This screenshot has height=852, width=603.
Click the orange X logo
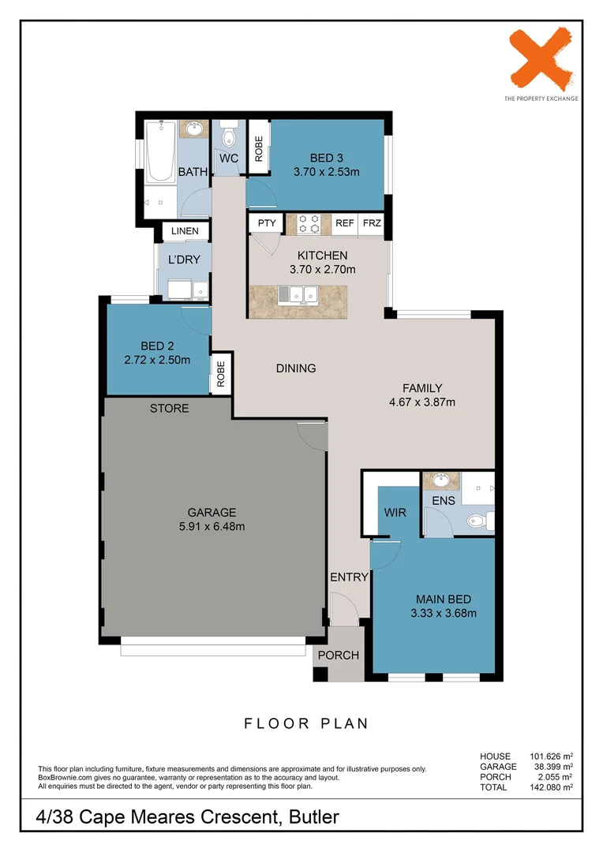point(541,60)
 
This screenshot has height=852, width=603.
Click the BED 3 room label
point(326,159)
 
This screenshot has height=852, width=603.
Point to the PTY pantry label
point(267,223)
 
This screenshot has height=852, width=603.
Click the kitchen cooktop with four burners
point(308,224)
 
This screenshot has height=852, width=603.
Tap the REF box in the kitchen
point(344,223)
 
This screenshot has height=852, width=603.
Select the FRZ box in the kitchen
point(371,223)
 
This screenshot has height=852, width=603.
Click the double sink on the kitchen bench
point(296,296)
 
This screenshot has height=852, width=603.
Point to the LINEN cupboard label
point(185,231)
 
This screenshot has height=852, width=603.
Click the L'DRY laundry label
point(183,259)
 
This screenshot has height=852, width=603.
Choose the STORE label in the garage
point(170,408)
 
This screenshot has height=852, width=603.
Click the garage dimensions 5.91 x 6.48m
point(212,527)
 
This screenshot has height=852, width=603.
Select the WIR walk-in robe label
point(395,513)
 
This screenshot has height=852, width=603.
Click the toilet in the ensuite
point(477,520)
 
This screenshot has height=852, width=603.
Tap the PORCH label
point(338,656)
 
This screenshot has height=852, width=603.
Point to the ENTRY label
point(350,577)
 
